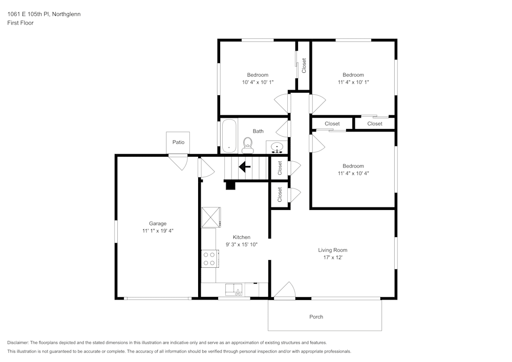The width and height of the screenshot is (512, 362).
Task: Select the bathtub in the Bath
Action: click(228, 136)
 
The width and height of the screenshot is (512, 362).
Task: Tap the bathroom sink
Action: click(277, 148)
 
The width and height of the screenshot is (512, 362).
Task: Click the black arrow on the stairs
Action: click(245, 166)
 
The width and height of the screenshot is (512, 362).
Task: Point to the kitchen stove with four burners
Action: click(209, 258)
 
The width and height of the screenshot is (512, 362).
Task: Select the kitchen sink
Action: click(234, 290)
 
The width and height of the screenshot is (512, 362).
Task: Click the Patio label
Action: click(178, 142)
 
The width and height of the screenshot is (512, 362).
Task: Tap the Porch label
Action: click(316, 316)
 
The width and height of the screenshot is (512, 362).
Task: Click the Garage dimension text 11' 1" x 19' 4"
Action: click(158, 231)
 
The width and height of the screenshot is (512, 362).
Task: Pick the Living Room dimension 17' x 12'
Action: click(333, 258)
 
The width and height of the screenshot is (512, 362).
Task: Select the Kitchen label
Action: click(242, 237)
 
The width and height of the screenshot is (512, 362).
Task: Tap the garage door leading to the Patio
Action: click(179, 162)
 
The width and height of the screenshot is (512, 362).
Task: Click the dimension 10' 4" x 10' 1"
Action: click(258, 82)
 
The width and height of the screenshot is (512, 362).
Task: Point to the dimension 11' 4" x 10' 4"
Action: click(353, 173)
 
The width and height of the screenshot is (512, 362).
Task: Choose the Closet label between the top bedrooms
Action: click(304, 66)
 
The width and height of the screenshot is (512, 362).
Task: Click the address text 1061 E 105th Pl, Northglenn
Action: click(44, 14)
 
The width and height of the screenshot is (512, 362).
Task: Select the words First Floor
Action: click(20, 23)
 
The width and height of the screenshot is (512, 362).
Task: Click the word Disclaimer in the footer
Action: click(18, 343)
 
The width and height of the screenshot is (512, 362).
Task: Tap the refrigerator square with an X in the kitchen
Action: click(210, 217)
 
